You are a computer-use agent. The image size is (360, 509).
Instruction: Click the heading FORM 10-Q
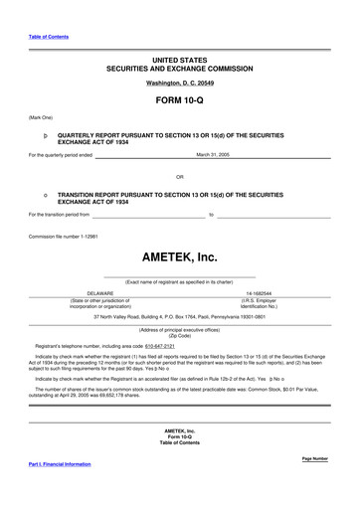(179, 101)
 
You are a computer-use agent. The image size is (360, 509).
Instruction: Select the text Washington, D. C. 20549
(179, 84)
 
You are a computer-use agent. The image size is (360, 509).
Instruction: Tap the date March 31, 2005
(213, 155)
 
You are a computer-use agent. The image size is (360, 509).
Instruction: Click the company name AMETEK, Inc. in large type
(179, 256)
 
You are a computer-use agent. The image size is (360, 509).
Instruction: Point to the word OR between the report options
(179, 177)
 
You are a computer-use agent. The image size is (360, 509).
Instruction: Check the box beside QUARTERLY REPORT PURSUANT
(47, 132)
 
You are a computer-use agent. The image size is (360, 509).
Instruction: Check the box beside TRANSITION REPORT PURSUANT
(47, 196)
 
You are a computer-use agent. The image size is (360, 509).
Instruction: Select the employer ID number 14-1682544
(259, 294)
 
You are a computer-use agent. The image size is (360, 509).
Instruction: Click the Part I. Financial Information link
(67, 464)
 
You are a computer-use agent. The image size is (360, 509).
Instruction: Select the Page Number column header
(313, 458)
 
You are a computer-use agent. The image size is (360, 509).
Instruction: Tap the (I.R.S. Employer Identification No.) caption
(259, 303)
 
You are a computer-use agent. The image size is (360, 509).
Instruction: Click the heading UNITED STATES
(179, 61)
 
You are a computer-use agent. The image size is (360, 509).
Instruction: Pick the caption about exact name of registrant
(179, 281)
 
